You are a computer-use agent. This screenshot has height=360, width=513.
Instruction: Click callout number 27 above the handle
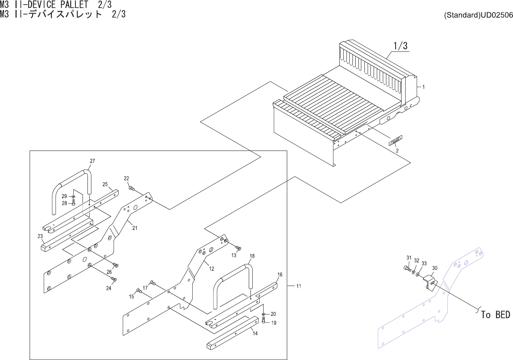pos(92,161)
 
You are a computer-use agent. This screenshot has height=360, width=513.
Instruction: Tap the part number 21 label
pos(134,228)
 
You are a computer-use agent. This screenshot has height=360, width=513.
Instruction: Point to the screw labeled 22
pos(132,189)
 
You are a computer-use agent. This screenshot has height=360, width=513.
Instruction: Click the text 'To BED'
pos(495,315)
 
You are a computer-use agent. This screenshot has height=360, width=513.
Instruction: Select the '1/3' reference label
pos(400,46)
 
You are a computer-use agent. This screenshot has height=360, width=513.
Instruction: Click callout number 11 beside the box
pos(298,286)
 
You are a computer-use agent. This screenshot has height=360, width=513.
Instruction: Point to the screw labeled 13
pos(238,248)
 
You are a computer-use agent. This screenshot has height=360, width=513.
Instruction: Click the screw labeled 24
pos(114,280)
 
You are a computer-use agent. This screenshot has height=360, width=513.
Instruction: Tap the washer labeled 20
pos(264,314)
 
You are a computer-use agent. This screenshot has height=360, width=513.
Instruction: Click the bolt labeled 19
pos(264,321)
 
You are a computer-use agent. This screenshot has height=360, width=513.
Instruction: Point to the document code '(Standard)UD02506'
pos(478,16)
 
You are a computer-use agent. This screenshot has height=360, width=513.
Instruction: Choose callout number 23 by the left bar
pos(40,236)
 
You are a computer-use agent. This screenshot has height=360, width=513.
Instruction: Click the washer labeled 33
pos(418,274)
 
